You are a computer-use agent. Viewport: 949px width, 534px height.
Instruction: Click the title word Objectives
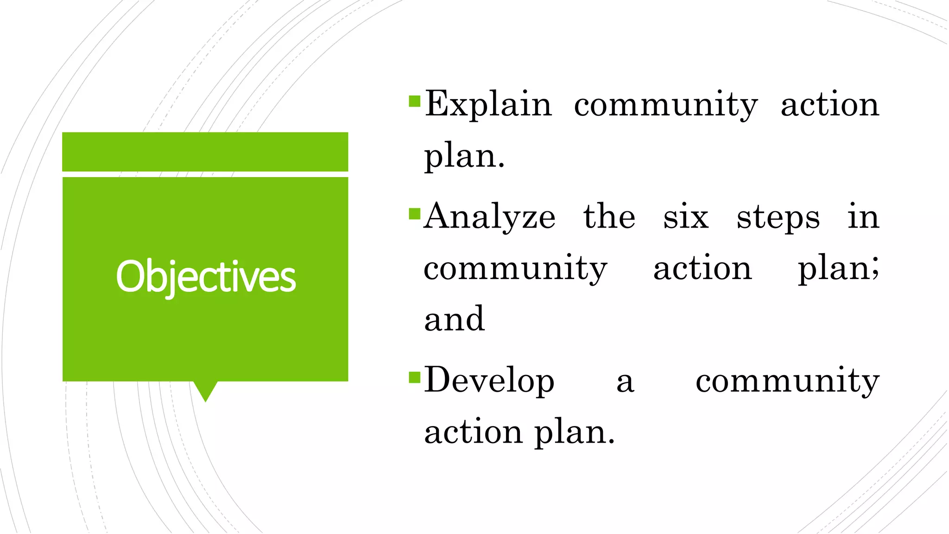click(x=206, y=277)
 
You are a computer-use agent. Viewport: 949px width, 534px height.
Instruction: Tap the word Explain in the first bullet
click(x=488, y=104)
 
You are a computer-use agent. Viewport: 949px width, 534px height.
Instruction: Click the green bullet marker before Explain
click(x=414, y=101)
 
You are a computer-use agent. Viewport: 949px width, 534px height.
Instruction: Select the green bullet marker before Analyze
click(x=414, y=214)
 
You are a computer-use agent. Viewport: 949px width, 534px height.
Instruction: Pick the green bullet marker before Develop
click(x=414, y=377)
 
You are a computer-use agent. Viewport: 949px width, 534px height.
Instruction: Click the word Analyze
click(x=490, y=217)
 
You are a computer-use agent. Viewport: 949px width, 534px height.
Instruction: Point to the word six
click(x=686, y=217)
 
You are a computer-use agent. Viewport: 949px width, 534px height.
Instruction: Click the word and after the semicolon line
click(x=455, y=319)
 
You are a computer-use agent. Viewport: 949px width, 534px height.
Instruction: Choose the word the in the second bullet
click(x=609, y=216)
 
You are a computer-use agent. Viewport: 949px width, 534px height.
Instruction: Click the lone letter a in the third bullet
click(x=625, y=383)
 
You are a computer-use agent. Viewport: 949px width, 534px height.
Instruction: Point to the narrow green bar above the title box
click(x=205, y=152)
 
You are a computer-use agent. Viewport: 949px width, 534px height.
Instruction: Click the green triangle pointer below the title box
click(x=205, y=391)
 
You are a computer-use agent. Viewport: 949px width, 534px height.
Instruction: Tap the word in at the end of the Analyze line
click(x=863, y=216)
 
